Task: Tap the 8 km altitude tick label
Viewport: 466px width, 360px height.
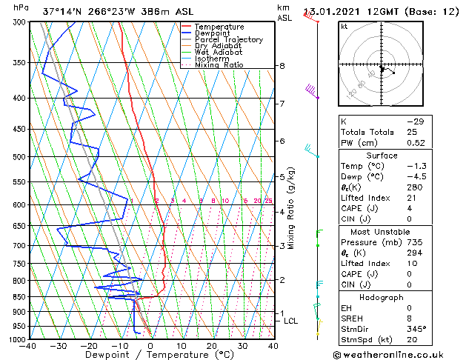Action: (x=282, y=66)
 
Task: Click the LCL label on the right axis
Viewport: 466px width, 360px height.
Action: (x=291, y=321)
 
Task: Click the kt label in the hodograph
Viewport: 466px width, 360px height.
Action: (x=344, y=26)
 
